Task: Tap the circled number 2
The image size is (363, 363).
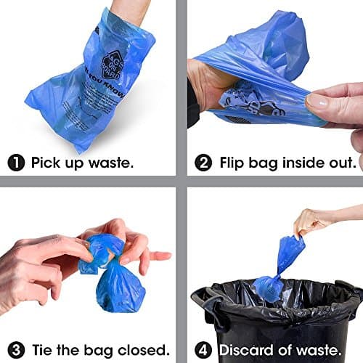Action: point(202,162)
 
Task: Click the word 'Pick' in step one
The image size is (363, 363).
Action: point(46,163)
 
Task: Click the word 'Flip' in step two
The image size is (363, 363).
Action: point(235,163)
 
